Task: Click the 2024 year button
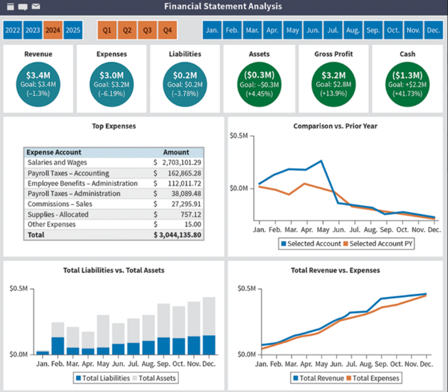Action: tap(53, 30)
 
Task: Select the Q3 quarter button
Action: tap(147, 30)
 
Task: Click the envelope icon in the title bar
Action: tap(36, 7)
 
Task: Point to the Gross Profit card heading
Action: tap(333, 54)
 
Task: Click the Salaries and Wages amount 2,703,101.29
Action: tap(181, 163)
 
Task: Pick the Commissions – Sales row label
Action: tap(60, 204)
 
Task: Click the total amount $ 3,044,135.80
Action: tap(178, 235)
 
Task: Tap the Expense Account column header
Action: tap(54, 152)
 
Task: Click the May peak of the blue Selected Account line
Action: tap(321, 161)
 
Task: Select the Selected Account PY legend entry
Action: tap(379, 244)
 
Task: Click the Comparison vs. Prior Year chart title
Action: tap(335, 126)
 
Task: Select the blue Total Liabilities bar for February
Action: tap(57, 345)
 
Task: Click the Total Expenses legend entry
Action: tap(374, 378)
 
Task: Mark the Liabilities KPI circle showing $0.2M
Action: tap(185, 84)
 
